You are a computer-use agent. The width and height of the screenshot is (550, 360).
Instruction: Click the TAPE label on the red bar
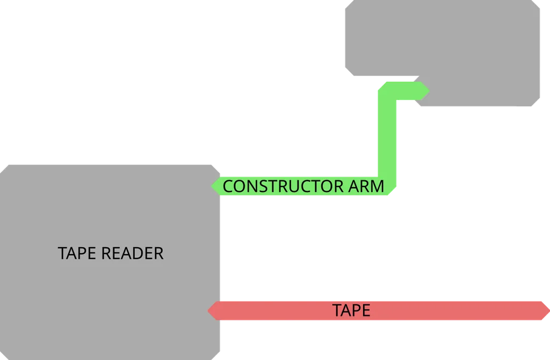click(351, 311)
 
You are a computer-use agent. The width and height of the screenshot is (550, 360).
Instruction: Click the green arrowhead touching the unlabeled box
click(424, 91)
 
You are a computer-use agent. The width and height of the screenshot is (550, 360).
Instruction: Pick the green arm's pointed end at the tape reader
click(213, 186)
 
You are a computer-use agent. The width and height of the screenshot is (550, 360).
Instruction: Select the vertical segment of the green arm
click(387, 140)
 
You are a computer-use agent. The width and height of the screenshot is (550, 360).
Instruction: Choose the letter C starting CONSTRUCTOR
click(228, 186)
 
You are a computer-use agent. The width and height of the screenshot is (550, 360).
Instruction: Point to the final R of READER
click(158, 253)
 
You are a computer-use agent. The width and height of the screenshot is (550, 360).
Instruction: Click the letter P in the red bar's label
click(355, 311)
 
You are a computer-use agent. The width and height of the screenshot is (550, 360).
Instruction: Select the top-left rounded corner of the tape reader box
click(4, 168)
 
